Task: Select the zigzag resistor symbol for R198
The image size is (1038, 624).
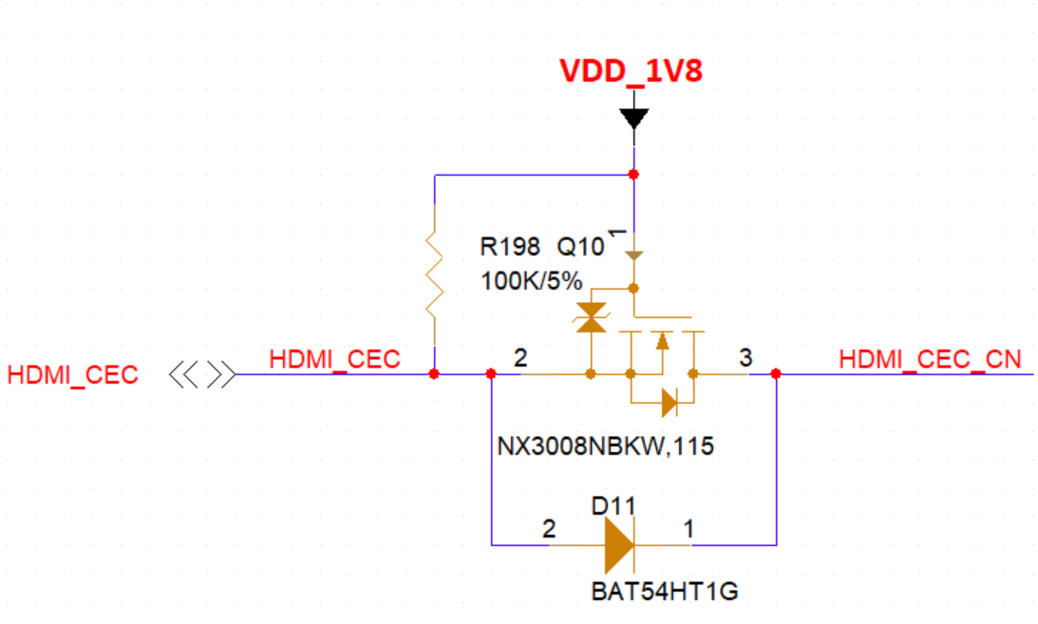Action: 434,275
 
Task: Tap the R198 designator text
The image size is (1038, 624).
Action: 510,248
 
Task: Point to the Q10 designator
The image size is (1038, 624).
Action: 579,248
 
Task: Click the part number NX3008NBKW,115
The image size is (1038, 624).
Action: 605,445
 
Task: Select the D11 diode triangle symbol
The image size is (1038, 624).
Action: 619,545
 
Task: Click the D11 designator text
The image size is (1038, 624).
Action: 613,506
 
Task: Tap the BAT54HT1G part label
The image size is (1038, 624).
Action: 664,593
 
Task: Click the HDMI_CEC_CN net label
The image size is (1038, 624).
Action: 930,359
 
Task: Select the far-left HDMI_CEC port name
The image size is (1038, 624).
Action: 73,375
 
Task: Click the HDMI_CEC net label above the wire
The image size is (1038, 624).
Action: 334,359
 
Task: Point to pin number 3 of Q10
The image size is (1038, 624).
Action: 745,358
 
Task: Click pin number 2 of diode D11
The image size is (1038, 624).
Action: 548,529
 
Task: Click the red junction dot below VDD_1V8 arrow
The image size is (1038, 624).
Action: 633,175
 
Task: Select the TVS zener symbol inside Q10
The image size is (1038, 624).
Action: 593,318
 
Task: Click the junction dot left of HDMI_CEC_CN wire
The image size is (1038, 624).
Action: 776,374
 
